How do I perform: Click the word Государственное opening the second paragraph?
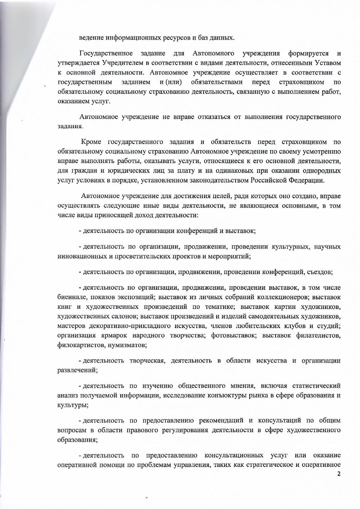(x=106, y=53)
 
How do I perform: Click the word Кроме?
(x=91, y=142)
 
